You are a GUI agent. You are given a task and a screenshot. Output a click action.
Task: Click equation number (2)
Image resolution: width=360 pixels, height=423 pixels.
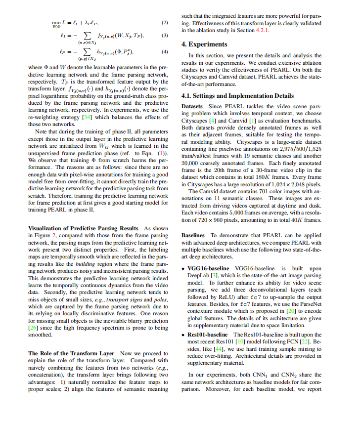click(x=165, y=23)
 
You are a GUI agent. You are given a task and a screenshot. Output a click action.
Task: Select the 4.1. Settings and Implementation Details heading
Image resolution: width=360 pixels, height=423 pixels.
click(x=237, y=95)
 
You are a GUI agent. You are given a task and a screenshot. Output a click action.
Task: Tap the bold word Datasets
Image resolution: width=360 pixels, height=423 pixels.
click(x=192, y=107)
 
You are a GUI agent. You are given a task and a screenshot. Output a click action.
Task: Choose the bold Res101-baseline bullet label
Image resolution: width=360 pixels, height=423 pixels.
click(x=208, y=335)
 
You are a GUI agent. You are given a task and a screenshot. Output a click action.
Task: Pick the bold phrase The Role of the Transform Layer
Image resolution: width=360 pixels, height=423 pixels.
click(x=71, y=353)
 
